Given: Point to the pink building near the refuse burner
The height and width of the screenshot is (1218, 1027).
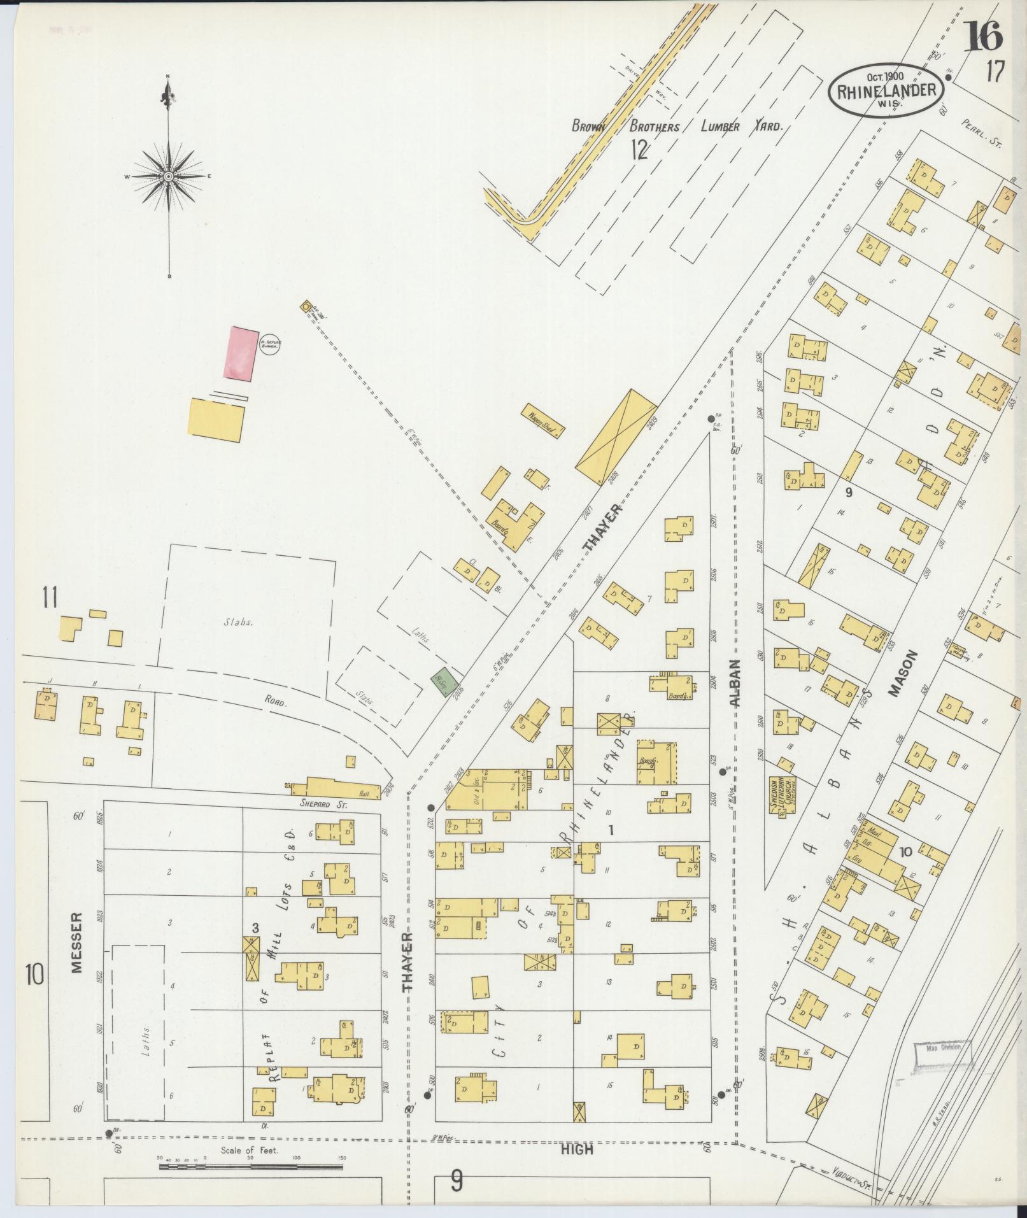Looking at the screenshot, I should coord(241,354).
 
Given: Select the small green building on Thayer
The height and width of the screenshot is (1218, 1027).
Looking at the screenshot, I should coord(444,682).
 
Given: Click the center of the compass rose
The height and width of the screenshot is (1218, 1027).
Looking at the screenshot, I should coord(168,176).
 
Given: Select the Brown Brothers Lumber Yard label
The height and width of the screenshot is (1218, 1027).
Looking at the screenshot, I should coord(675,127).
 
